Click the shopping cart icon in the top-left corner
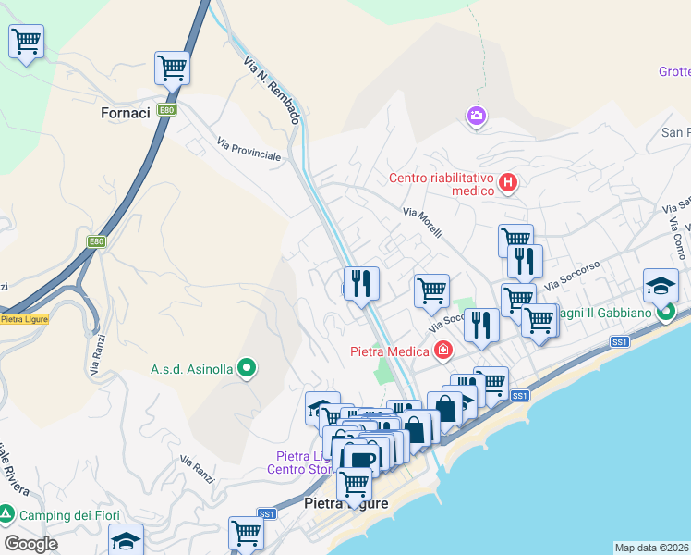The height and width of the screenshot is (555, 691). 26,42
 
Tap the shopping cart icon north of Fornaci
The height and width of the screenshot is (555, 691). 172,68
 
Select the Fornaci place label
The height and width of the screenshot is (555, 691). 125,113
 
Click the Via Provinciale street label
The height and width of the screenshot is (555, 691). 249,149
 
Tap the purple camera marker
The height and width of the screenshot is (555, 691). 476,116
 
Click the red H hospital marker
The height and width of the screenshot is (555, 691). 507,183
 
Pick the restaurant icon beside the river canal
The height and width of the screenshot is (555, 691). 361,282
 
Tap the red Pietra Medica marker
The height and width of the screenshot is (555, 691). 444,351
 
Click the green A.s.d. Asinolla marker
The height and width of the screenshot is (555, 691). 246,369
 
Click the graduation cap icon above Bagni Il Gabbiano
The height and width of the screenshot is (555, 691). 661,285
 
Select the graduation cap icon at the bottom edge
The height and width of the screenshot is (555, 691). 127,541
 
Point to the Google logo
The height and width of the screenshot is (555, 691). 30,544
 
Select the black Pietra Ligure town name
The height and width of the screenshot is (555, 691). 346,503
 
